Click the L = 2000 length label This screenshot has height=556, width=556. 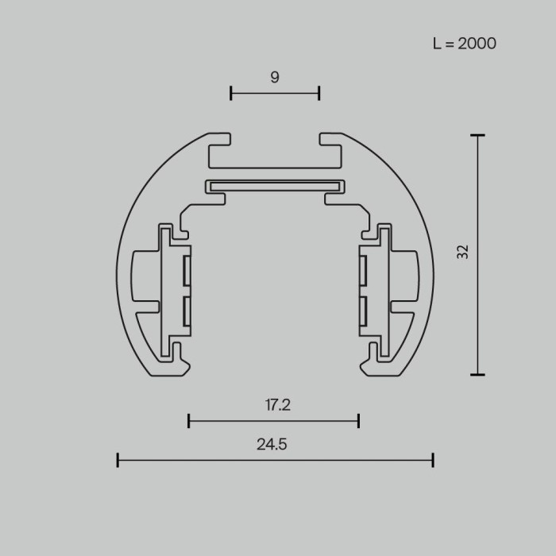point(465,44)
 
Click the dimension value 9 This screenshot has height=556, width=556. point(275,77)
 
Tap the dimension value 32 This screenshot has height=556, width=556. point(463,252)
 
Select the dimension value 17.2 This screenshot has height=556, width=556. point(277,405)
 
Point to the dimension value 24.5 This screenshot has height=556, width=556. point(272,445)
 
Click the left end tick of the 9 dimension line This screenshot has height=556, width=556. point(231,93)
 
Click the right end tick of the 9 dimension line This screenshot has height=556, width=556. point(319,93)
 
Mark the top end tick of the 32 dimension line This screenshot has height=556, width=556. point(477,136)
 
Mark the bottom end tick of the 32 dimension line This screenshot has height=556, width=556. point(477,374)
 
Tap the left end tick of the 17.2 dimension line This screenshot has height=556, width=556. point(189,420)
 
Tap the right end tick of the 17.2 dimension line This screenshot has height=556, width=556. point(359,420)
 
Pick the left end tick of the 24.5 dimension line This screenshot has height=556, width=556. point(118,459)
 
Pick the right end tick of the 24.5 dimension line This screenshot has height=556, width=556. point(433,459)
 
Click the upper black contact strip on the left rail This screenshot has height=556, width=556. point(187,271)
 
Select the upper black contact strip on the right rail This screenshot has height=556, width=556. point(361,271)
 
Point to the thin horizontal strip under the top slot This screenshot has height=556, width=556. point(275,187)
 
